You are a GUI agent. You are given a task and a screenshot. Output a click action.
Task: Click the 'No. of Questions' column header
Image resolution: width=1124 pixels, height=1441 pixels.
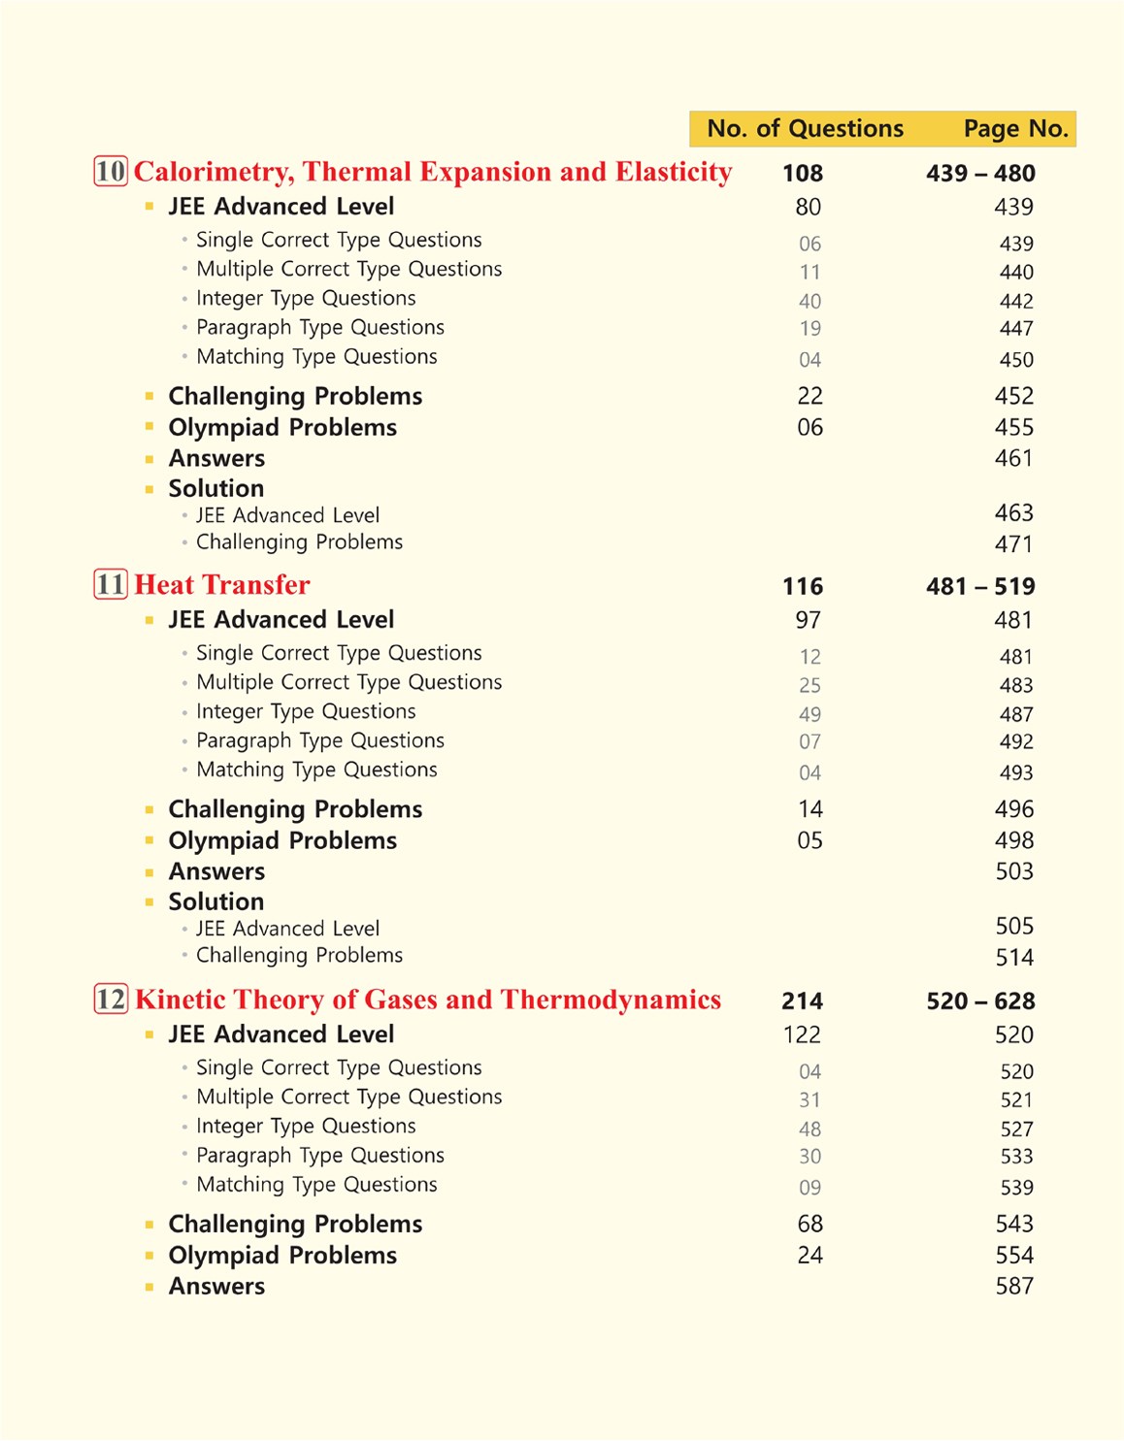point(805,128)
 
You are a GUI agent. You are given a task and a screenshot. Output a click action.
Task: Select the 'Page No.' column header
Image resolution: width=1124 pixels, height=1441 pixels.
point(1015,128)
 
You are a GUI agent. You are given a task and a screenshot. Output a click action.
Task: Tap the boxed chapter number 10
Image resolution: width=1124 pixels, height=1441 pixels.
point(111,172)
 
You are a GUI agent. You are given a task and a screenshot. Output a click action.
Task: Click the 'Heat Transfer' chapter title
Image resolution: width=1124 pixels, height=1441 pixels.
point(222,584)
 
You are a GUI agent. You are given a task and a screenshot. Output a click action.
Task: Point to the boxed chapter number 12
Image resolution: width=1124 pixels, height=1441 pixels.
point(111,999)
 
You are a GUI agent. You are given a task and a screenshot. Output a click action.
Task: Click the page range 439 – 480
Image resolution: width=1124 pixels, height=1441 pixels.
point(980,174)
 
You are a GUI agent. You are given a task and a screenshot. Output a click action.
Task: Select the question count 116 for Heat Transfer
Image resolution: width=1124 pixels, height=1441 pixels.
point(803,586)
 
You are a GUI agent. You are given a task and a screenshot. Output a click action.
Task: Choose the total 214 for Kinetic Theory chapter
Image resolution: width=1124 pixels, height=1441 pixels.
point(803,1000)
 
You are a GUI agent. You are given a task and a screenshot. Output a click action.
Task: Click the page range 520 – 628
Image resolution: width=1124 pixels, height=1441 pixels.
point(980,1000)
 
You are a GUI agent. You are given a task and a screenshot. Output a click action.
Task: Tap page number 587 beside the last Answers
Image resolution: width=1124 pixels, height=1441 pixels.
point(1014,1286)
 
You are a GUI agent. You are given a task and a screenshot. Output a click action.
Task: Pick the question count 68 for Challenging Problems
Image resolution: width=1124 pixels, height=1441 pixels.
point(810,1224)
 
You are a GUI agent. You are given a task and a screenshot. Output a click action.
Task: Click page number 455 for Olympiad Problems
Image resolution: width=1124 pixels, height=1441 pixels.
point(1014,427)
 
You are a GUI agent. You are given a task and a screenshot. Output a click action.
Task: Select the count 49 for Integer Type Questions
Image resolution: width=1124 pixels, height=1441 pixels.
point(810,714)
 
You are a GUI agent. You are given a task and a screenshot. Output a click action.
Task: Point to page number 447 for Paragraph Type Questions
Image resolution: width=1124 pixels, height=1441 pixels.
point(1016,329)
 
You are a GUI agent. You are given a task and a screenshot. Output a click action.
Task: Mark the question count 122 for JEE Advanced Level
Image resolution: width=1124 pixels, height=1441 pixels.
point(802,1034)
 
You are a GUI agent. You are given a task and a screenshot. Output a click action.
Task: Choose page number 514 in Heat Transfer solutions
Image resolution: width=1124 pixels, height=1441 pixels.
point(1014,958)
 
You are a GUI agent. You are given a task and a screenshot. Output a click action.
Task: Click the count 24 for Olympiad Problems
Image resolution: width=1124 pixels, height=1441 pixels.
point(810,1255)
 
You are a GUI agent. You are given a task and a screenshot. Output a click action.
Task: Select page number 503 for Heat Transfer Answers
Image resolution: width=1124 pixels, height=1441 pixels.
point(1014,871)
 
